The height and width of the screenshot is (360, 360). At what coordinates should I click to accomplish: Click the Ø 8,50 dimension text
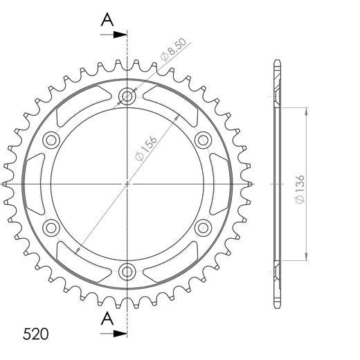(174, 50)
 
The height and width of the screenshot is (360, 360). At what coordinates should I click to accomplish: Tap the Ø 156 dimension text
(146, 148)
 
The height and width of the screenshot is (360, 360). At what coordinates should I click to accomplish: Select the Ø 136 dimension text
(300, 189)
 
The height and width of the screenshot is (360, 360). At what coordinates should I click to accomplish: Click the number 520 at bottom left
(36, 334)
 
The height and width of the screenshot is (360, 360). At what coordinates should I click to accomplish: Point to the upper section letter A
(107, 19)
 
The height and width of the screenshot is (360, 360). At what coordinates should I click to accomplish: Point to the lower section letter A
(107, 318)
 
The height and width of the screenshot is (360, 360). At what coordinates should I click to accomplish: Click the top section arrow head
(120, 35)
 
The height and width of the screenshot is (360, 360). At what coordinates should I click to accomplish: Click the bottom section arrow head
(120, 334)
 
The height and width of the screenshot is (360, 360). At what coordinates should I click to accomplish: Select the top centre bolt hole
(127, 96)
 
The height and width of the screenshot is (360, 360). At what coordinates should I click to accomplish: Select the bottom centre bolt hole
(127, 271)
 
